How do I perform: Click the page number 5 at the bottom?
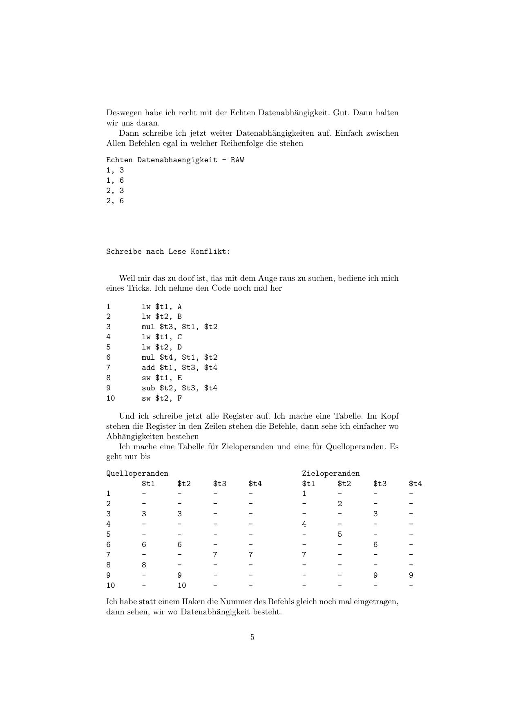click(252, 637)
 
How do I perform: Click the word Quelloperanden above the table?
click(137, 473)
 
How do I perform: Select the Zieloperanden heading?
click(331, 473)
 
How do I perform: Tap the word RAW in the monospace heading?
click(237, 160)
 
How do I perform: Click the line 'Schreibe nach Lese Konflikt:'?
click(168, 251)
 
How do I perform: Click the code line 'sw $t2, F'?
click(161, 398)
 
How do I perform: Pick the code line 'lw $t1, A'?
click(161, 307)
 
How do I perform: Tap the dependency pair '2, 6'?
click(115, 201)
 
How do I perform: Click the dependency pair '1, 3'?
click(115, 170)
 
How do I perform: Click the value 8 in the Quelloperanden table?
click(144, 565)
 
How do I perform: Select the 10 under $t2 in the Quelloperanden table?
click(181, 585)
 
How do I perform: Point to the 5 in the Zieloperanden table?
click(339, 534)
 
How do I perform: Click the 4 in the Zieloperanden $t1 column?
click(304, 524)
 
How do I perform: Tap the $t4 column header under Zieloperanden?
click(415, 484)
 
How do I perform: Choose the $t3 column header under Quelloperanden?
click(219, 484)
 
